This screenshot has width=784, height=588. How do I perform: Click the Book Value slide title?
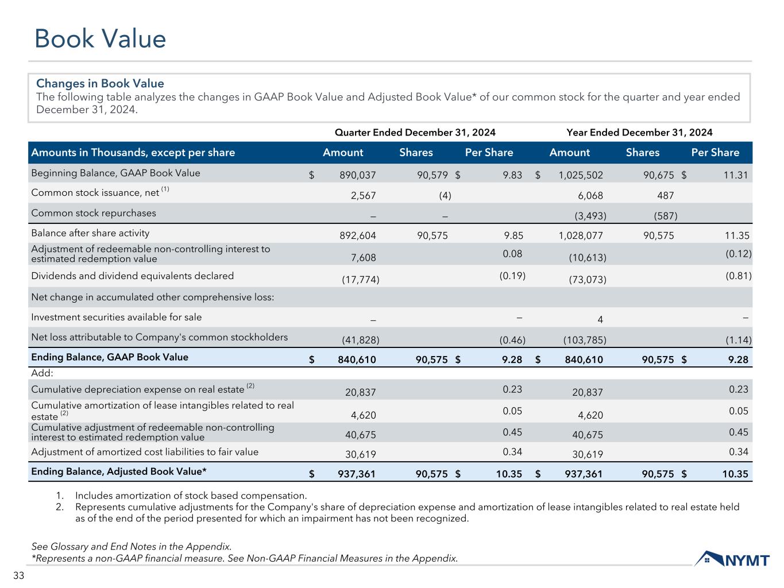pos(100,39)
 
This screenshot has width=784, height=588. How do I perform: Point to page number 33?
pos(18,576)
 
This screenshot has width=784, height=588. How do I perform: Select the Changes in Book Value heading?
pos(100,84)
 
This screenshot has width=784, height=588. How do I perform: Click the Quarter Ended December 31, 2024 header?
pos(415,133)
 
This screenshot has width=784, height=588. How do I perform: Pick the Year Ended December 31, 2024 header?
pos(639,133)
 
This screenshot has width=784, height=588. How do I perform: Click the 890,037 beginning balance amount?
pos(359,176)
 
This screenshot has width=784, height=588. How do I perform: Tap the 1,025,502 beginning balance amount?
pos(581,176)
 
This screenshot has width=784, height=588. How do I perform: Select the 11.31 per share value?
pos(736,176)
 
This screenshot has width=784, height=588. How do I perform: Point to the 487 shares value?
pos(666,196)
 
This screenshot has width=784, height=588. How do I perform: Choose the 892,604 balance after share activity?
pos(359,235)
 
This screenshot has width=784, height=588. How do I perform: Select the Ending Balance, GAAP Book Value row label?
pos(110,357)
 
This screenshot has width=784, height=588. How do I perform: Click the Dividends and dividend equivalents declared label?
pos(132,276)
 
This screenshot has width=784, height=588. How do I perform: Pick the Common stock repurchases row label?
pos(94,213)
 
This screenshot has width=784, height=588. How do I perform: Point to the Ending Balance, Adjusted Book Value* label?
pos(119,472)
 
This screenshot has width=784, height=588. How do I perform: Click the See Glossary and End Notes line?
pos(132,546)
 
